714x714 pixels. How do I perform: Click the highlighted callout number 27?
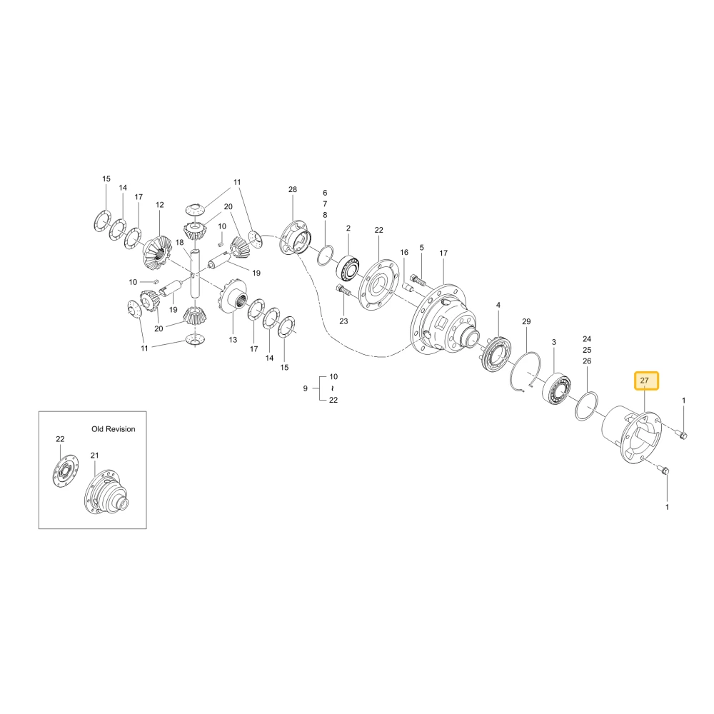coord(644,381)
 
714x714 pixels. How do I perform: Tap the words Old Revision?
coord(114,429)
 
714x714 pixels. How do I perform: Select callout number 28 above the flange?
coord(292,189)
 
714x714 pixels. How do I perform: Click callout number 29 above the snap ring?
coord(526,321)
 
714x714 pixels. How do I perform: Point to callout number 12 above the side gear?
coord(159,205)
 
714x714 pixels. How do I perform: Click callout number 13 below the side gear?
coord(233,340)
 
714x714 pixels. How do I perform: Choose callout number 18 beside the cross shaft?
coord(179,243)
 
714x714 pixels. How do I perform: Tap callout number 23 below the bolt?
coord(343,321)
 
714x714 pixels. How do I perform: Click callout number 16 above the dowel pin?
coord(404,252)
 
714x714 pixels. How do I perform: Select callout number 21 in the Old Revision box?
coord(94,456)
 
